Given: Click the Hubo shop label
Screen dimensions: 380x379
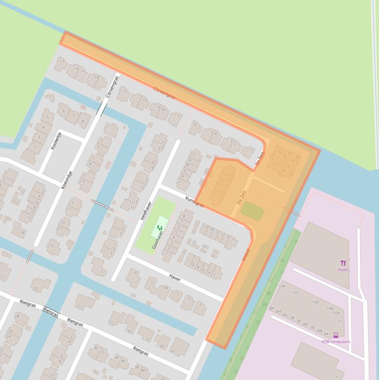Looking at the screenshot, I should (343, 270).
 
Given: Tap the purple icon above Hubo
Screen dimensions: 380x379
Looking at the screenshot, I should (343, 263).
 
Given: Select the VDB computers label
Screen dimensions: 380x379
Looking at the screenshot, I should (336, 342).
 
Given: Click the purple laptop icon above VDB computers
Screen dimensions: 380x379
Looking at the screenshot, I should (336, 335).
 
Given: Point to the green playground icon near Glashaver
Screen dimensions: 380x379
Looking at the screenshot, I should (160, 228).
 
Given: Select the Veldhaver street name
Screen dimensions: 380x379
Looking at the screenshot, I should (144, 209).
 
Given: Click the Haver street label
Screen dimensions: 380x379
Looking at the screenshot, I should (175, 279).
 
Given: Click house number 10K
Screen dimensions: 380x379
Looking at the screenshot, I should (282, 286).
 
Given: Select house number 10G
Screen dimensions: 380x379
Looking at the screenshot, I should (295, 293).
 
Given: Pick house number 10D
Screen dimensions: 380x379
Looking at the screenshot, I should (315, 302).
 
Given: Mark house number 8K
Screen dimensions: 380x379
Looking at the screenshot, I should (272, 308).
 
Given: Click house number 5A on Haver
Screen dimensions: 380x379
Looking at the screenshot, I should (166, 287).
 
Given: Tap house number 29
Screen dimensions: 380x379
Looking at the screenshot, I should (34, 288).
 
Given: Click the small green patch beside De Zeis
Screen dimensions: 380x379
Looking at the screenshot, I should (252, 211).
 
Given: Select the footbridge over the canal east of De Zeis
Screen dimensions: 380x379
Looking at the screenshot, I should (291, 211).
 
